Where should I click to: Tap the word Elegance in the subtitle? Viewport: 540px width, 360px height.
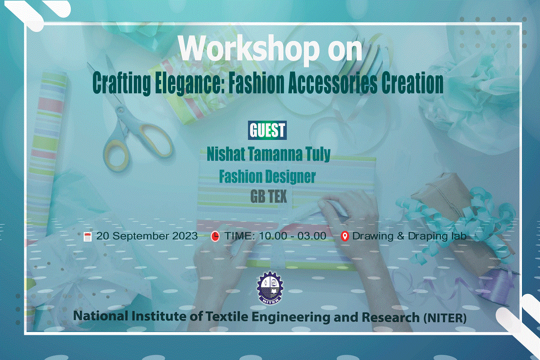coord(190,84)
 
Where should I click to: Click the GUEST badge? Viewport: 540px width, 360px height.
coord(267,130)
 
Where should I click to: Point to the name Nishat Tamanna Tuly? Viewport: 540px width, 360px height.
coord(268,154)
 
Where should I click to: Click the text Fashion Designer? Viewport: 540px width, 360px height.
coord(267,176)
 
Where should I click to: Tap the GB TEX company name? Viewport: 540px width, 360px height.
coord(268,196)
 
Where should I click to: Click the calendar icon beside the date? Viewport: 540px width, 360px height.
coord(87,236)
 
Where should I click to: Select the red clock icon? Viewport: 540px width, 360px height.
coord(215,236)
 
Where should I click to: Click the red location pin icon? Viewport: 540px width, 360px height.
coord(345,236)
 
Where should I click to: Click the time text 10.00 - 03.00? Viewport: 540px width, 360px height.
coord(292,236)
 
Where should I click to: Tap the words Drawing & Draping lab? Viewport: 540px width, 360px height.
coord(409,236)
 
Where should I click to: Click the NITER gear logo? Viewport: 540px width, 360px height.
coord(270,288)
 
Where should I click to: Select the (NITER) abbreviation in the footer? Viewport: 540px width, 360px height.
coord(445,318)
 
